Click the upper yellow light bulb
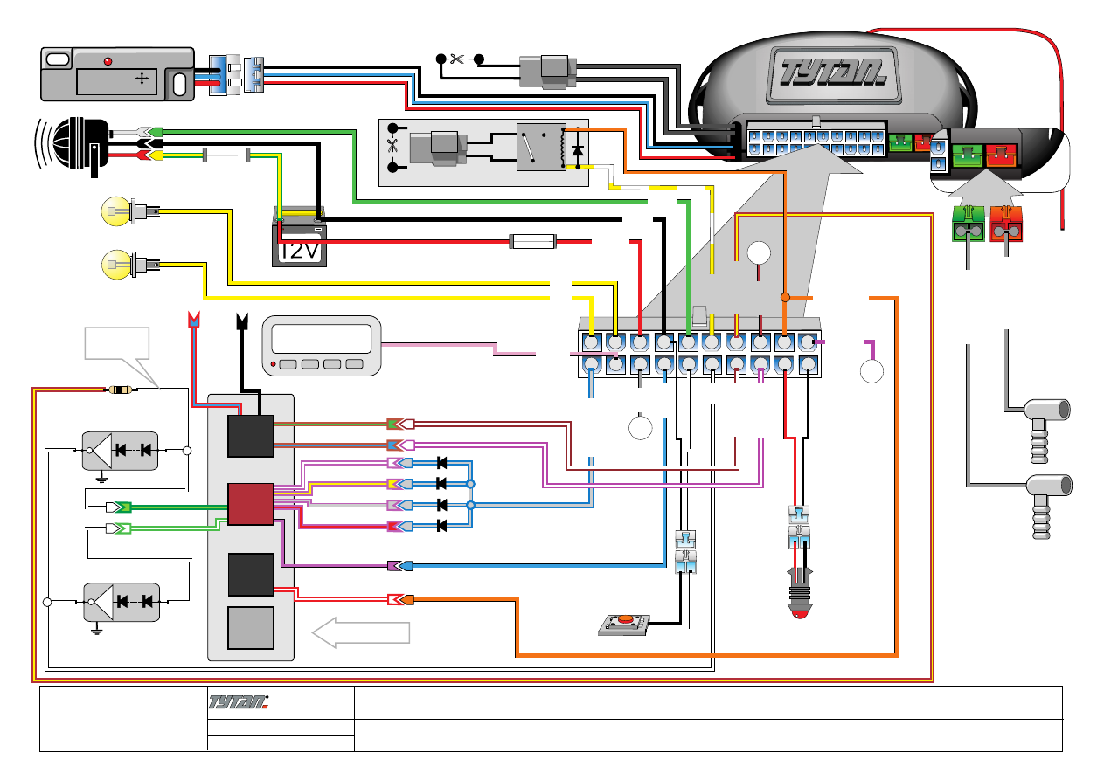point(115,211)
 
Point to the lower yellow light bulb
point(115,261)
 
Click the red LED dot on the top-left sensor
point(108,61)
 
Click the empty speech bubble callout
point(116,342)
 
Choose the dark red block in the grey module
point(250,504)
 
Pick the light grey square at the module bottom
point(250,628)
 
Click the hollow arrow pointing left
point(361,631)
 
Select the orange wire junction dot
point(784,298)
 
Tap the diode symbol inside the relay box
point(576,149)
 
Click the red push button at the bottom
point(624,621)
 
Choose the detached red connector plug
point(1007,225)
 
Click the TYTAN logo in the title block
point(238,703)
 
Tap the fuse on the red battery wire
point(532,240)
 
